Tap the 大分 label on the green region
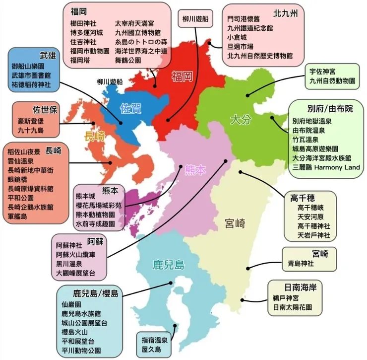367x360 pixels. pyautogui.click(x=242, y=119)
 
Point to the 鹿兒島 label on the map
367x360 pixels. pyautogui.click(x=169, y=264)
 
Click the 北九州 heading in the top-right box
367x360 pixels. pyautogui.click(x=285, y=13)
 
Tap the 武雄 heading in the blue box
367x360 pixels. pyautogui.click(x=48, y=55)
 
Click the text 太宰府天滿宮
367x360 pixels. pyautogui.click(x=134, y=23)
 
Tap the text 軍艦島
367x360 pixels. pyautogui.click(x=18, y=216)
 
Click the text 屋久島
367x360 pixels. pyautogui.click(x=151, y=350)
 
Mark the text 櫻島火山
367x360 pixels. pyautogui.click(x=75, y=332)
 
